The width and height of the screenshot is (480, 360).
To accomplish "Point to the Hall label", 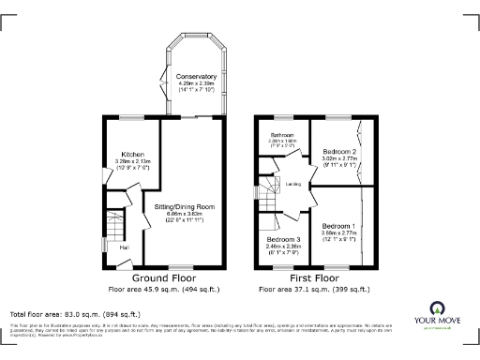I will pyautogui.click(x=123, y=247).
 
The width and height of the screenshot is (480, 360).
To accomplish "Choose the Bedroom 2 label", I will pyautogui.click(x=338, y=152).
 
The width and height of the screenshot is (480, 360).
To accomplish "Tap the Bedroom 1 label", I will pyautogui.click(x=338, y=226).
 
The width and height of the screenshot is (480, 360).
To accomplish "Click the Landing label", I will pyautogui.click(x=292, y=184).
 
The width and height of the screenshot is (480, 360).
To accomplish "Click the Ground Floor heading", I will pyautogui.click(x=161, y=278).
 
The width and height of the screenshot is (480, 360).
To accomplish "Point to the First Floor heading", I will pyautogui.click(x=313, y=278).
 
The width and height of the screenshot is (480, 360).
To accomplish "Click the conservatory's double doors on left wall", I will pyautogui.click(x=165, y=77).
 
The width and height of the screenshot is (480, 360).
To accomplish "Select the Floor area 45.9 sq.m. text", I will pyautogui.click(x=161, y=290).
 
